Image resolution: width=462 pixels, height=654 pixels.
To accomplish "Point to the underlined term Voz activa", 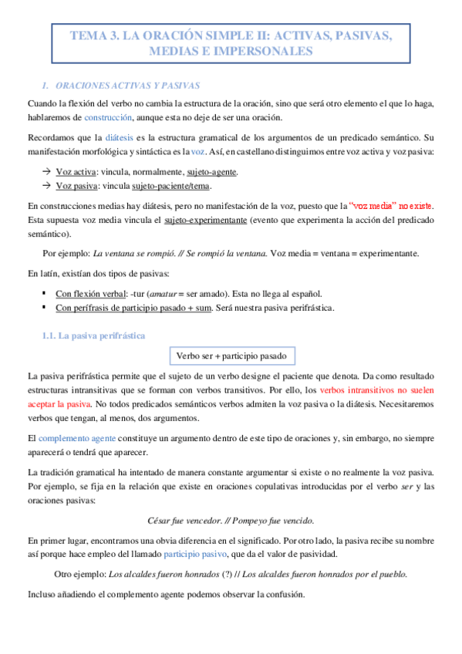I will [x=76, y=171].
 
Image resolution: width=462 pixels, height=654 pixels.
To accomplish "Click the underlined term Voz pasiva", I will [x=76, y=186].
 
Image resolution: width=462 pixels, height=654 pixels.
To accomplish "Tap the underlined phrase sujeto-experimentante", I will [x=205, y=221].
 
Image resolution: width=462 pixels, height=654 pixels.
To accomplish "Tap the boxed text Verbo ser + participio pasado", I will [x=231, y=356].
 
